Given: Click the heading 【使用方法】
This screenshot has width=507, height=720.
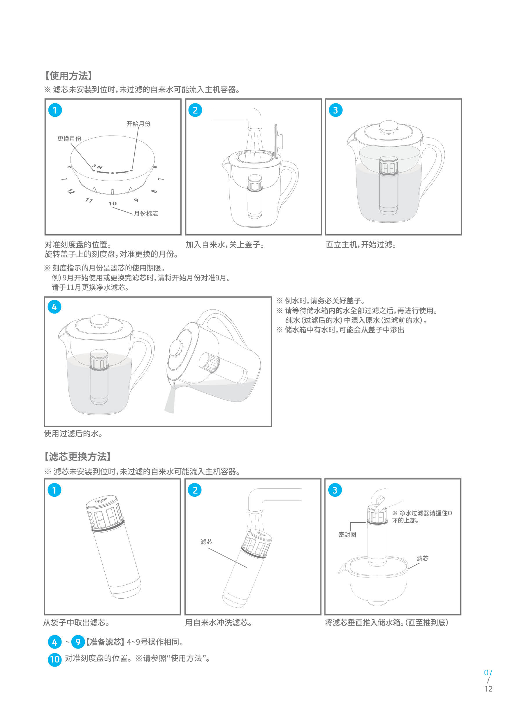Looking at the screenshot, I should click(69, 75).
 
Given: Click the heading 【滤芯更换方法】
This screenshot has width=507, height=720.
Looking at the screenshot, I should click(77, 456).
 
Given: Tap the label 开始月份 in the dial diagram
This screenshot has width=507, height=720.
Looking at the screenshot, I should click(138, 124).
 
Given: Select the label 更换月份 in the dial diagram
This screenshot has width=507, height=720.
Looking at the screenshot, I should click(69, 138).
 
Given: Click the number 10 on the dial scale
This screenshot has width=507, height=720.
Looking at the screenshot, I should click(113, 204).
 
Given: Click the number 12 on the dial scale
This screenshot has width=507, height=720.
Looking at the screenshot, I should click(71, 191).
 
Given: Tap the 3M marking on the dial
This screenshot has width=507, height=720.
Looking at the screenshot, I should click(97, 167).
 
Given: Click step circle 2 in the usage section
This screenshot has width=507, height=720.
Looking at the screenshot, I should click(195, 110).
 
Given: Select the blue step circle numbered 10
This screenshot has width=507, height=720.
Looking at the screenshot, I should click(55, 659).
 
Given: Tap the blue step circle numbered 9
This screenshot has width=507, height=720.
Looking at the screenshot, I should click(78, 642).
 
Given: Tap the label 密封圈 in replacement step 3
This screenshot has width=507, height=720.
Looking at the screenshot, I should click(347, 534).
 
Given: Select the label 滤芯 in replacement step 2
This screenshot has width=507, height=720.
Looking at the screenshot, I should click(207, 541).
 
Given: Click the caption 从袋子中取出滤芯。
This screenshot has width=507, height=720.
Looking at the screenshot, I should click(77, 622).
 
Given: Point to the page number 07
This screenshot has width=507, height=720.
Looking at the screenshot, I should click(488, 672).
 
